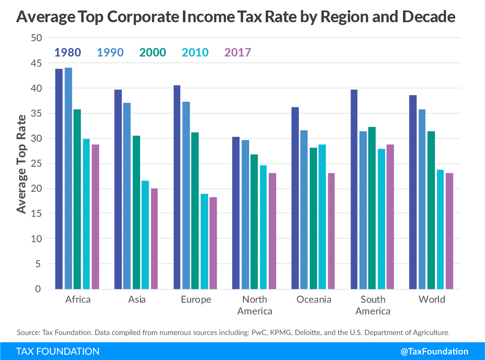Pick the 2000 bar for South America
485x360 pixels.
click(372, 208)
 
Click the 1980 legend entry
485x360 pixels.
click(68, 52)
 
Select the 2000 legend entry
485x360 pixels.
click(153, 52)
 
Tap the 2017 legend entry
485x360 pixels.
click(237, 52)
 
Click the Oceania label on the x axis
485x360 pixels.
click(313, 299)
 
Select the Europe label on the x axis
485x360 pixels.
click(195, 299)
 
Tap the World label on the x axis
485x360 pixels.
click(432, 299)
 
